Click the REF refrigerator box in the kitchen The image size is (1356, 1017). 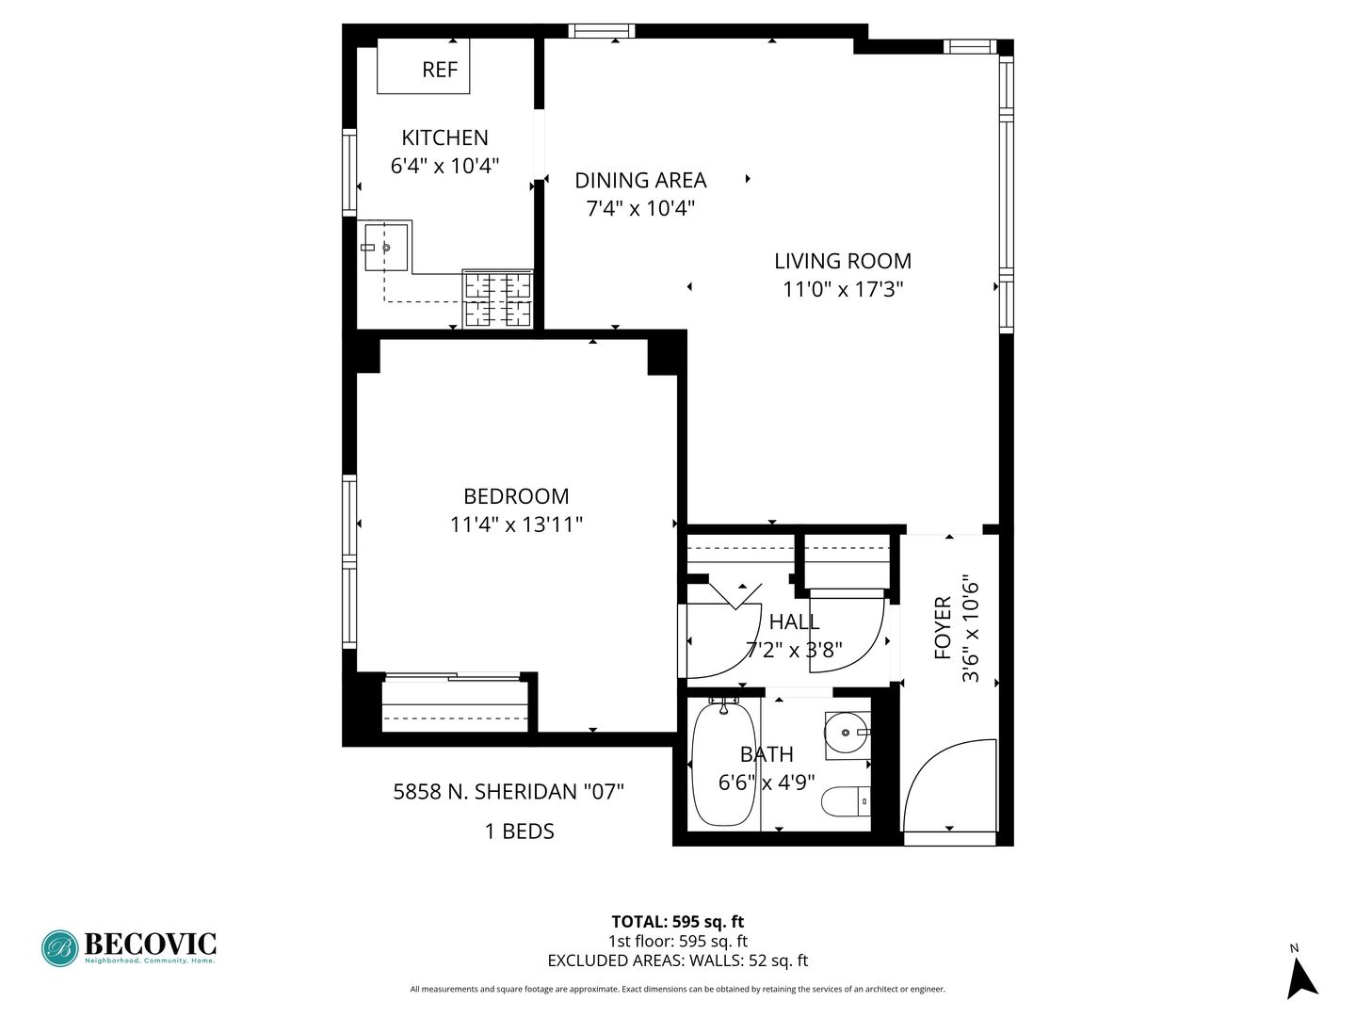point(423,66)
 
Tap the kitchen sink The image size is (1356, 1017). point(386,247)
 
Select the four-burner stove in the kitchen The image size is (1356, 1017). point(497,299)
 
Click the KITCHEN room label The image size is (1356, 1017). point(444,137)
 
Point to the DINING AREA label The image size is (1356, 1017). point(640,180)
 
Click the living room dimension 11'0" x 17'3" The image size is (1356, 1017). point(843,289)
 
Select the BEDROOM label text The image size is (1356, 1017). point(516,496)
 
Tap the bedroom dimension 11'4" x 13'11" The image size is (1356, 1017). point(516,525)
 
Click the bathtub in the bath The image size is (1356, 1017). point(723,763)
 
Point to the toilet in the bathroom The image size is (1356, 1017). point(846,801)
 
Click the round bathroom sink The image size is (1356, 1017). point(846,733)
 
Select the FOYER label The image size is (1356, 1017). point(942,628)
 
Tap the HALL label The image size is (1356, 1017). point(794,621)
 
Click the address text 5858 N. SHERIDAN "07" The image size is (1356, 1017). point(508,792)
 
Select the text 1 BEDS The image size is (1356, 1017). point(520,831)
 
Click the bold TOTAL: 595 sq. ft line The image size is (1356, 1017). point(678,922)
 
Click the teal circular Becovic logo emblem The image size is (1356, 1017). point(60,948)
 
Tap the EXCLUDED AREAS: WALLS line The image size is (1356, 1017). point(678,960)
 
